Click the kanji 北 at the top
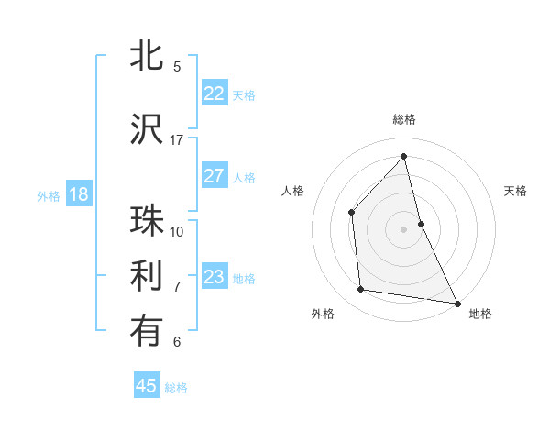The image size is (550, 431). tap(147, 56)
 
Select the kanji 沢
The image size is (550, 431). tap(147, 128)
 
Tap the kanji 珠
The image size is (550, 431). tap(147, 220)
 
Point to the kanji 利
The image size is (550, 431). tap(147, 276)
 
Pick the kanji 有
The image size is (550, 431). tap(147, 332)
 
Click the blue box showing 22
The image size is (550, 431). tap(214, 94)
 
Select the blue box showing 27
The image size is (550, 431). tap(214, 176)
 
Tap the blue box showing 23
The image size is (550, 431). tap(214, 277)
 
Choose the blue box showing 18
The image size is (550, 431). tap(78, 194)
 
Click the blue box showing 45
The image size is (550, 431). tap(147, 386)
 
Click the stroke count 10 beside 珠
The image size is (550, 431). tap(177, 231)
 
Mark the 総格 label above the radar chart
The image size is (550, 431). tap(403, 119)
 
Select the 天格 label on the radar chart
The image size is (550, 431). tap(515, 191)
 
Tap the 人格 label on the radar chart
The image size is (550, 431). tap(292, 191)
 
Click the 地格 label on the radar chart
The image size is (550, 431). tap(480, 314)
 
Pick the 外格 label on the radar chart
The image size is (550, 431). tap(323, 314)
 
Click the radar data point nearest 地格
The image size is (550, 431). tap(456, 303)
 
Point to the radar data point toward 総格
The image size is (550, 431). tap(403, 157)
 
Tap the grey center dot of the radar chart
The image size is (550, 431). tap(403, 228)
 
